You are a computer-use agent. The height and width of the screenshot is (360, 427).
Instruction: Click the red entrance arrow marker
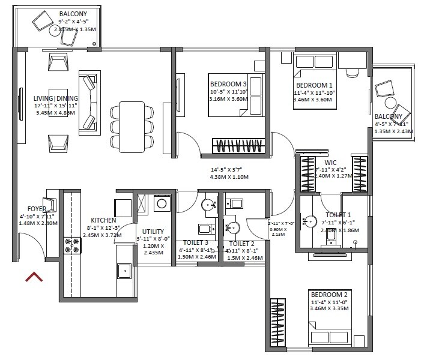click(34, 277)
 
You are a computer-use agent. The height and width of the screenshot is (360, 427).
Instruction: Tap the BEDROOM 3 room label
click(228, 84)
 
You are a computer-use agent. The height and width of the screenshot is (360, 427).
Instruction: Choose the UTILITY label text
click(153, 232)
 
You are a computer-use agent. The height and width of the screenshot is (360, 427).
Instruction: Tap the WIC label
click(330, 162)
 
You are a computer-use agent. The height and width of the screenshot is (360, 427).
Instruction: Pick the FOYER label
click(29, 209)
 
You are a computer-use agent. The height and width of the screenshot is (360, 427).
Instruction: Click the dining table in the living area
click(132, 125)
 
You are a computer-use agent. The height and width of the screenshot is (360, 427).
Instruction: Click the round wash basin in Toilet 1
click(310, 221)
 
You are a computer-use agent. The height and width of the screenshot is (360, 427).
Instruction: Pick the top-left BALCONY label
click(73, 13)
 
